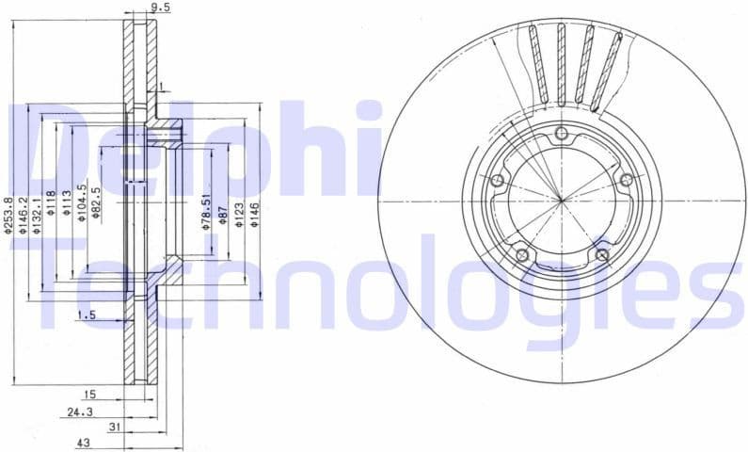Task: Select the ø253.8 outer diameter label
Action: point(8,217)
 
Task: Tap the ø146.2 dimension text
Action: point(24,216)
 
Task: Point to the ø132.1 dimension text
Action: point(39,216)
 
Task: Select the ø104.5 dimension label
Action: point(82,202)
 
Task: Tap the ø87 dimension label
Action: point(223,214)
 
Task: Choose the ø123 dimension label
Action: point(239,212)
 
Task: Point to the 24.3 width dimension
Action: point(81,412)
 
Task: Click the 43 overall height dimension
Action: point(84,442)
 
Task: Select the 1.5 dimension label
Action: point(87,315)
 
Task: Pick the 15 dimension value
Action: point(88,395)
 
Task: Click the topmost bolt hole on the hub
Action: point(563,134)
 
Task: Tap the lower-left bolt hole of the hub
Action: point(523,254)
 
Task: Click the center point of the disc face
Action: point(562,200)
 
